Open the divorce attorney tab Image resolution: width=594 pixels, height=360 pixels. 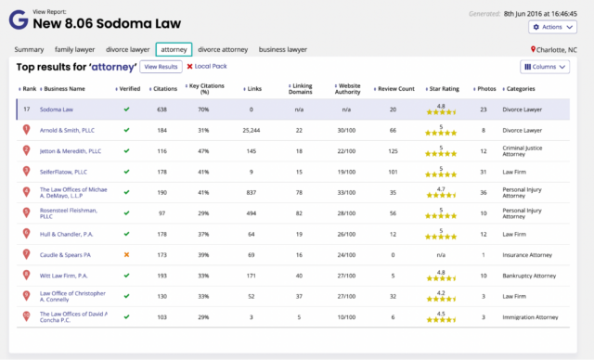pos(223,49)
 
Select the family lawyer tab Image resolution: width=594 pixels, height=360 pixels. pos(75,49)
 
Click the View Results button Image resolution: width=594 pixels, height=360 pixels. pos(161,67)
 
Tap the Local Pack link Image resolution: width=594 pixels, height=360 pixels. pos(207,67)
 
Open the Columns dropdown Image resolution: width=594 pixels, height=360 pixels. pos(545,67)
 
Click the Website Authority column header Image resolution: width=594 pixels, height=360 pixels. pos(349,89)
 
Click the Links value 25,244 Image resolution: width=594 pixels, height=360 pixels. pos(251,130)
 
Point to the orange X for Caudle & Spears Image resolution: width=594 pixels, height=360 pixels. pos(126,253)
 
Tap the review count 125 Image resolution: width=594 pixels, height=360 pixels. pos(393,150)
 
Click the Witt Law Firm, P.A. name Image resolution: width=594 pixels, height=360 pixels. pos(63,275)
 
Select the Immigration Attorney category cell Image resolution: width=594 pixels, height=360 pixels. pos(534,316)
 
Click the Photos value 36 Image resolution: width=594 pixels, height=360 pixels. pos(483,192)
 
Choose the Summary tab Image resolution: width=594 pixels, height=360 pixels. pos(29,49)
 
